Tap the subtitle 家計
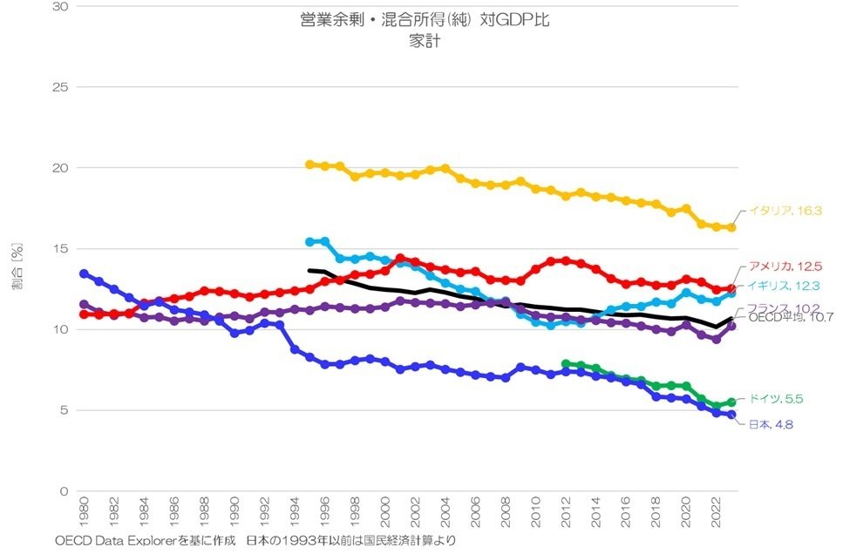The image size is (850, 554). tap(424, 40)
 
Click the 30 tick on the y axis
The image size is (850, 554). tap(63, 7)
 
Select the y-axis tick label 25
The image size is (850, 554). tap(63, 87)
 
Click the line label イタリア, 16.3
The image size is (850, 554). tap(786, 210)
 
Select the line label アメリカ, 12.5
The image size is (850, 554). tap(785, 267)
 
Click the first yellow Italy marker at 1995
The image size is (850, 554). tap(309, 164)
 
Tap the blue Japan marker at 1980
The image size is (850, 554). tap(84, 274)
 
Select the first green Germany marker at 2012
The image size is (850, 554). tap(566, 363)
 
